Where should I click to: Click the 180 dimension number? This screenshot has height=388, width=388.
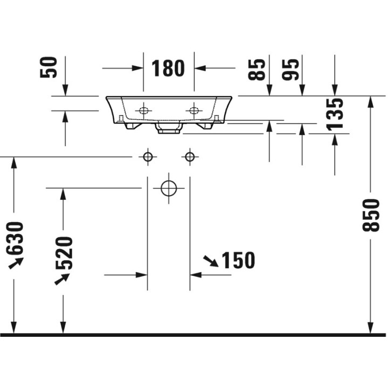[x=168, y=68]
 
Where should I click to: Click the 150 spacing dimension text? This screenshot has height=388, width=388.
[x=238, y=261]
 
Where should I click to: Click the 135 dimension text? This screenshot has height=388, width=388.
[x=335, y=114]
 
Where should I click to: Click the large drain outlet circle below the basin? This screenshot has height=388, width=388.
[x=168, y=188]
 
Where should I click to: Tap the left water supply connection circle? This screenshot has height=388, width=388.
[x=147, y=157]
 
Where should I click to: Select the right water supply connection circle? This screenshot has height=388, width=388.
[x=189, y=157]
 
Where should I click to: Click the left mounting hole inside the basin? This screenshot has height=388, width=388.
[x=143, y=110]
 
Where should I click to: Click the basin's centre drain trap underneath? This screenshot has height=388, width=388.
[x=168, y=128]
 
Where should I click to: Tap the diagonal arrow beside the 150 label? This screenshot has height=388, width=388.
[x=210, y=261]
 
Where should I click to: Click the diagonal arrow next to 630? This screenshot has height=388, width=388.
[x=16, y=262]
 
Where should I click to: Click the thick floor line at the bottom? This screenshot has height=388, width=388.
[x=194, y=335]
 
